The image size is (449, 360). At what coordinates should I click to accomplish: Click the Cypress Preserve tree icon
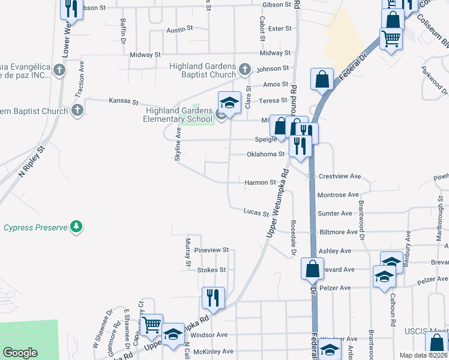[76, 227]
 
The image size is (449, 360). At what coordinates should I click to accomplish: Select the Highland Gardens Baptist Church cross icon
[244, 70]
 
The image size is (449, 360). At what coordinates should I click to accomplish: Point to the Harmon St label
[260, 182]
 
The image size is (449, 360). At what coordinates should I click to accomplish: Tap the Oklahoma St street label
[265, 154]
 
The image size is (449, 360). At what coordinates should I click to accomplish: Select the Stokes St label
[211, 270]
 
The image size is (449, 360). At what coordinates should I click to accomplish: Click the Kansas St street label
[124, 102]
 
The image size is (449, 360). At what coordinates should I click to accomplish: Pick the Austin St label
[179, 29]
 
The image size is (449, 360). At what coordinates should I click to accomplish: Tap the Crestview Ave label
[340, 176]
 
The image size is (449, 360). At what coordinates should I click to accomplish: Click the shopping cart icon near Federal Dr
[391, 39]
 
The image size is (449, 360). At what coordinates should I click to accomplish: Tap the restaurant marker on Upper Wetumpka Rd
[213, 298]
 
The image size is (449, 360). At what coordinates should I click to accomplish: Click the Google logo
[19, 353]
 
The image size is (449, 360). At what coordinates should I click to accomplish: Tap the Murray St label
[188, 252]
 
